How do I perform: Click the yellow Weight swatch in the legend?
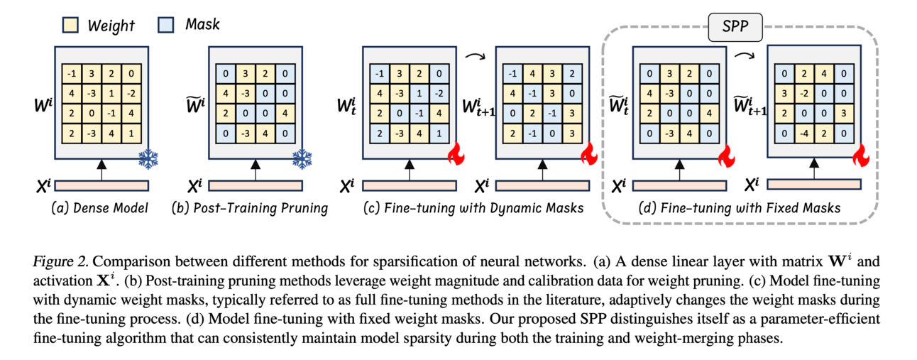(71, 26)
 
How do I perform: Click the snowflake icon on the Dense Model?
(148, 160)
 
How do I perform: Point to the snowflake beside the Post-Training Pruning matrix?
(302, 160)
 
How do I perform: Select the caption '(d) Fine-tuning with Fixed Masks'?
(740, 209)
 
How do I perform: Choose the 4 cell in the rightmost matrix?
(821, 73)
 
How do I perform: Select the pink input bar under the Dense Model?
(101, 186)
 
